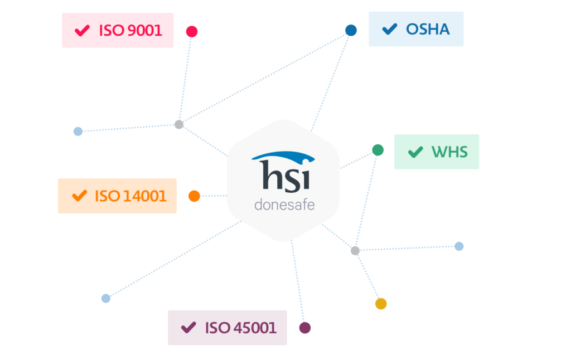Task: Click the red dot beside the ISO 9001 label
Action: [x=192, y=31]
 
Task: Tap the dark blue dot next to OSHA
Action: [x=351, y=30]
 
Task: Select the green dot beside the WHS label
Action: [x=378, y=150]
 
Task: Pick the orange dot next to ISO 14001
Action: [x=194, y=196]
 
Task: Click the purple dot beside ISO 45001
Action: [x=304, y=328]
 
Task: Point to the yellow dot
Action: [x=381, y=304]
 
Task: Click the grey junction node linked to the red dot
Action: [x=179, y=124]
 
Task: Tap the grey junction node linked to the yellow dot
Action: [x=355, y=251]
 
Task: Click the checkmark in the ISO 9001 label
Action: [x=83, y=30]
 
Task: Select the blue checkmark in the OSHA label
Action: [x=390, y=29]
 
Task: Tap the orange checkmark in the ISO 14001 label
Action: [x=80, y=196]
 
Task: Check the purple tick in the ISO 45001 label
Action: [x=189, y=327]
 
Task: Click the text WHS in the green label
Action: [x=449, y=152]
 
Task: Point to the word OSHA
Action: [x=428, y=29]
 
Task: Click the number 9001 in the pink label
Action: [x=145, y=30]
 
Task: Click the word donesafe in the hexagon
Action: [x=284, y=205]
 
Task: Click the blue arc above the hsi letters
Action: [x=282, y=156]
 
